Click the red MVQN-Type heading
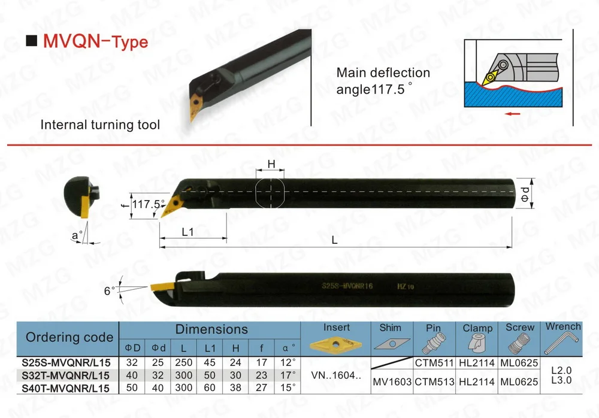tap(95, 42)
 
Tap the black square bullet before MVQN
tap(32, 42)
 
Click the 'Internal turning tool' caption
tap(100, 125)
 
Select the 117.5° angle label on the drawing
tap(148, 204)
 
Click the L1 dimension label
tap(187, 232)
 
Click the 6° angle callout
tap(108, 290)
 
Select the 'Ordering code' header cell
tap(69, 337)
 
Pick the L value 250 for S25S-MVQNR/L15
tap(183, 362)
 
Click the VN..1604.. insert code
tap(337, 375)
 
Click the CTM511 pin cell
tap(432, 362)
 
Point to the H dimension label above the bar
tap(271, 164)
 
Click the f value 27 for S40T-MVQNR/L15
tap(262, 387)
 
